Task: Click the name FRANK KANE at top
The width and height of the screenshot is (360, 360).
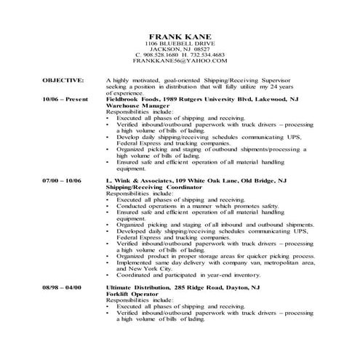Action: (x=180, y=36)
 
